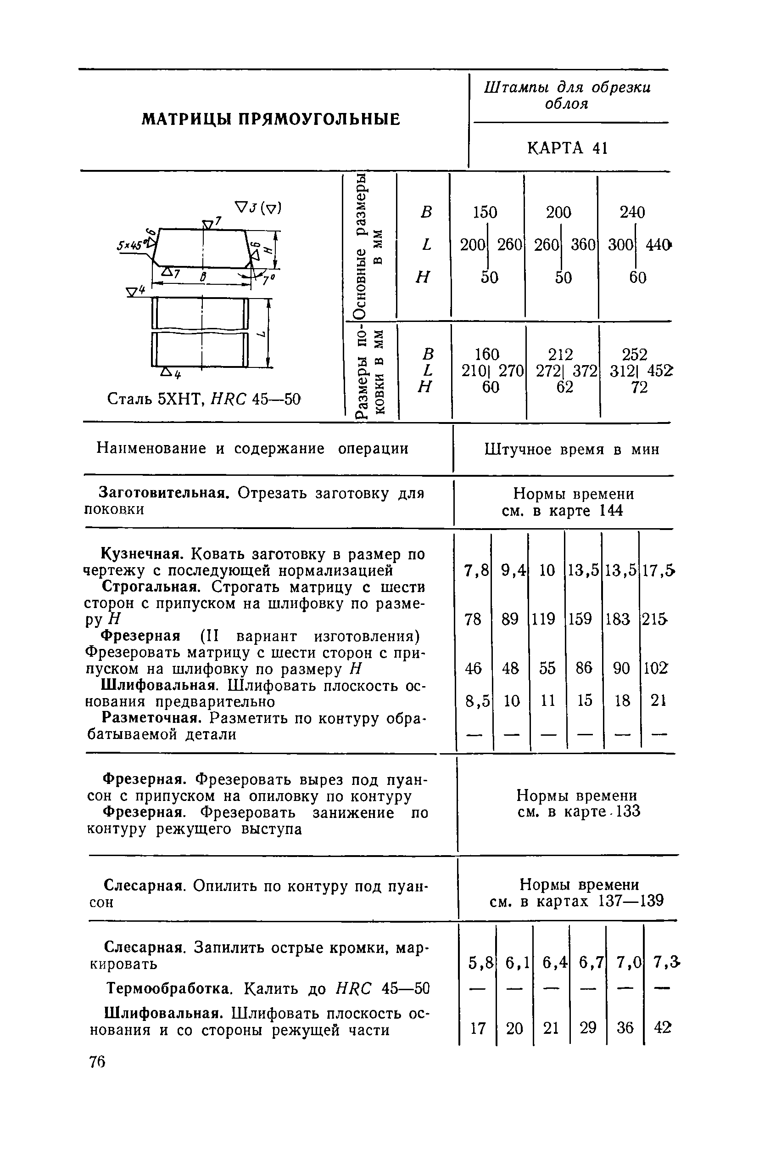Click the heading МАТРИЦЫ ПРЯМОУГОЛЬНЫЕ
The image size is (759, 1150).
[271, 119]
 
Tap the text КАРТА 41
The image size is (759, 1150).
[567, 148]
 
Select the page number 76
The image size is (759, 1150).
[97, 1061]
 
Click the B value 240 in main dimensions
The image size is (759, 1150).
[633, 212]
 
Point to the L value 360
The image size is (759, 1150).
[583, 245]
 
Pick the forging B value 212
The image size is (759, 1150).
[561, 354]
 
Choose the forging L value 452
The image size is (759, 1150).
[660, 371]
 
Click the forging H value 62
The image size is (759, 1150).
[564, 387]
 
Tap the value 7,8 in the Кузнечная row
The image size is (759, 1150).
[476, 571]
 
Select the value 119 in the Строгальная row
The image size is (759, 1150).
[544, 619]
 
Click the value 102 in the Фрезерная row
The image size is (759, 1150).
[655, 668]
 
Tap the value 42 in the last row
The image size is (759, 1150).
[662, 1027]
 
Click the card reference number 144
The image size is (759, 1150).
[611, 511]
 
